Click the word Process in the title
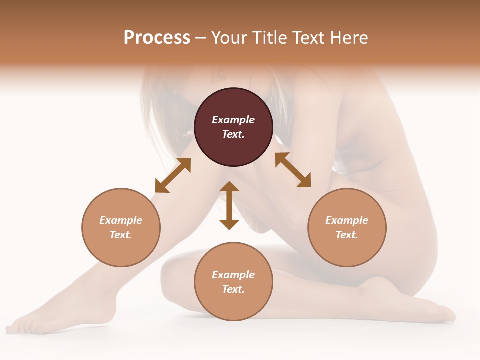point(157,38)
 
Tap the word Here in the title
point(350,38)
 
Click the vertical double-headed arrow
point(229,205)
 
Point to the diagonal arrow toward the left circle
point(173,175)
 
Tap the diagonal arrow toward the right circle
point(293,170)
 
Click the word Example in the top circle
point(233,120)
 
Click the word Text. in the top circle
point(233,134)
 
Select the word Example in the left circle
point(121,220)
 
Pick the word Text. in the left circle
point(121,235)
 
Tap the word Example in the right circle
point(347,220)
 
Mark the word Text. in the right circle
point(347,235)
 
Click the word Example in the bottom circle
point(233,275)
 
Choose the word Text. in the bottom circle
point(233,289)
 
